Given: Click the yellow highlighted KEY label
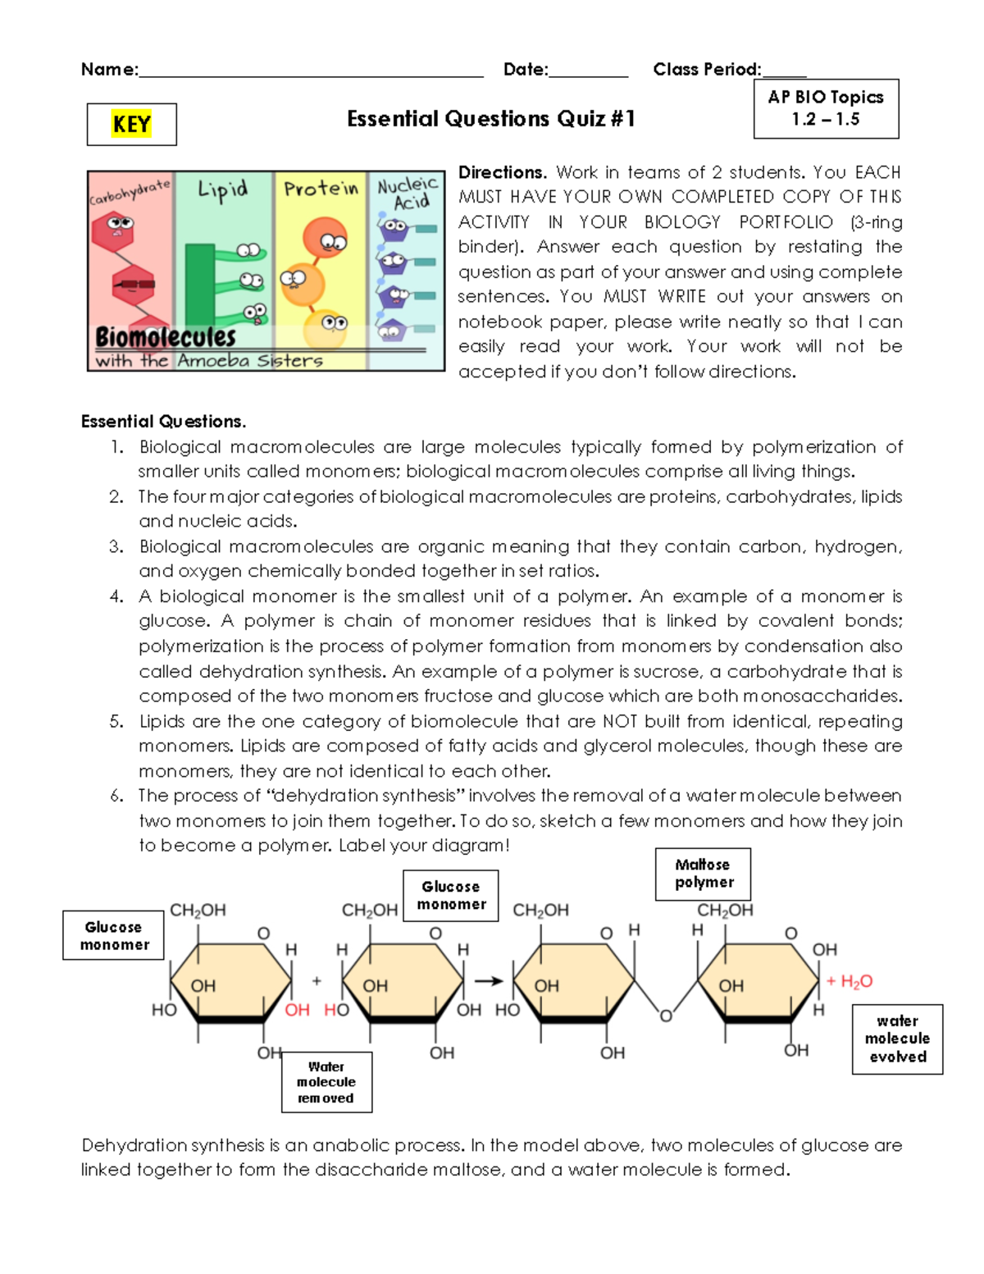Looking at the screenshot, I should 131,125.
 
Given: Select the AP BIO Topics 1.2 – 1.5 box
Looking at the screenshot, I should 826,108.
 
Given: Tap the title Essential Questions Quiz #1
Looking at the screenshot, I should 490,119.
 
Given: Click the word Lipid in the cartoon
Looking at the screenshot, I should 222,190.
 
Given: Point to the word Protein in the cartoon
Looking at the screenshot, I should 321,189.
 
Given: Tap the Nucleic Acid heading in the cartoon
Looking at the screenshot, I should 407,194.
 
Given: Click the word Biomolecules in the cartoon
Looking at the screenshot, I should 166,337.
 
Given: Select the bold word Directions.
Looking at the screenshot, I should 502,172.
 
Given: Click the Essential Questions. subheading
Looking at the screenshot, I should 163,422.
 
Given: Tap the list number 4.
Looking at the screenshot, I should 116,596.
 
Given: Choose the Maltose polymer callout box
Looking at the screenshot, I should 703,874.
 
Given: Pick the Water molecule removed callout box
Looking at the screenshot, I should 326,1082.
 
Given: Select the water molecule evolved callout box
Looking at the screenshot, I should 897,1039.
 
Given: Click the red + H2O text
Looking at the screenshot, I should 850,981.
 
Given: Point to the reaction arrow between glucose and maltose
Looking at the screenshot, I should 489,981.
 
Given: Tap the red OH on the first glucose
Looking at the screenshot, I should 297,1010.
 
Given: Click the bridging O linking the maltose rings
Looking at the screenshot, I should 666,1016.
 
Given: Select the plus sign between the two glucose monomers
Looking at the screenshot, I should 317,981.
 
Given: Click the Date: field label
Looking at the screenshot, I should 526,70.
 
